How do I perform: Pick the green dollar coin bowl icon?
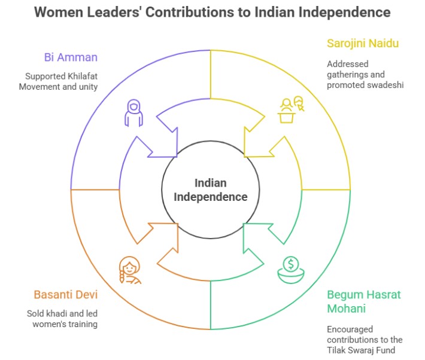coord(290,268)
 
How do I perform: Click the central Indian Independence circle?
coord(211,190)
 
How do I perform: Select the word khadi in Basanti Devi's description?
coord(62,313)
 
